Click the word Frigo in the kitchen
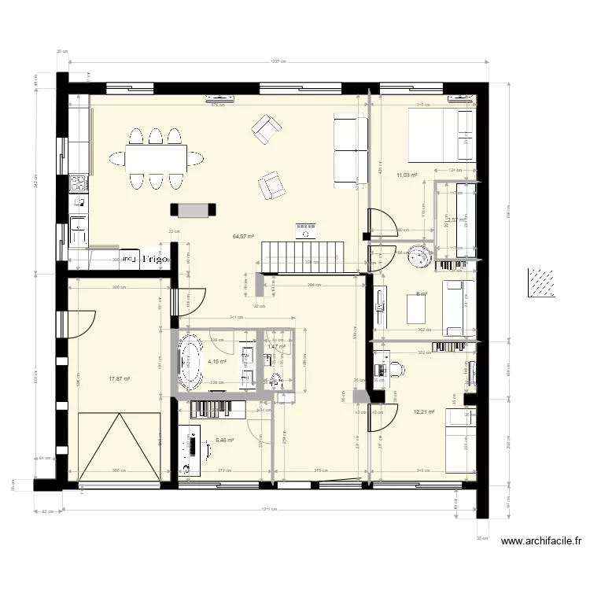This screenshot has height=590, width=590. point(155,259)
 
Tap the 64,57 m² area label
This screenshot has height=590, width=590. point(243,235)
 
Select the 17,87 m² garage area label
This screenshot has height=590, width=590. point(119,378)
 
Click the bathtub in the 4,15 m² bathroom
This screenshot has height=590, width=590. point(190,363)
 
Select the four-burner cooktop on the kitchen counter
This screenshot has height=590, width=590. point(79,184)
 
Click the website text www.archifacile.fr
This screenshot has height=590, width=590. point(540,541)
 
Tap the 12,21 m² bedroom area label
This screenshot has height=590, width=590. point(423,411)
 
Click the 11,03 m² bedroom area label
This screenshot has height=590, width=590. point(406,176)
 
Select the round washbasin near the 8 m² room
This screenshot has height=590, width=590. point(422,256)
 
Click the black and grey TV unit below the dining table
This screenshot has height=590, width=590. point(194,208)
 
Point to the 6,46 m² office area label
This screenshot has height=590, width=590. point(225,441)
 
